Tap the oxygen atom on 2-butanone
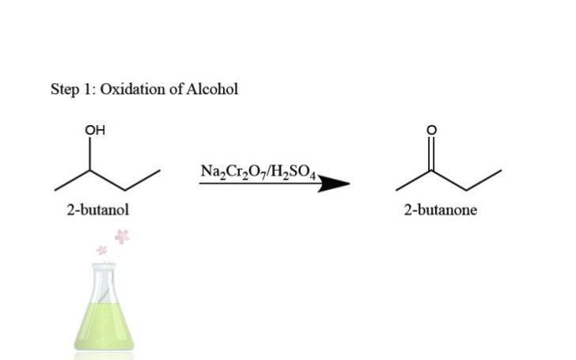(x=430, y=131)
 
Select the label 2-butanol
(x=98, y=210)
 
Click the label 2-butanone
(x=440, y=210)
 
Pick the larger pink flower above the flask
(x=122, y=235)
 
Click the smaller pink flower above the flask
(x=101, y=250)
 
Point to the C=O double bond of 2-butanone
(x=430, y=154)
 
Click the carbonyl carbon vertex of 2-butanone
(x=430, y=171)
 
